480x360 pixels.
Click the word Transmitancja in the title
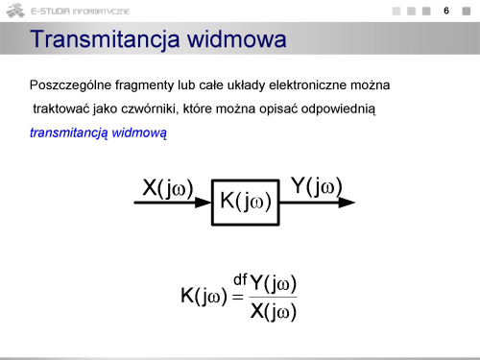(x=106, y=40)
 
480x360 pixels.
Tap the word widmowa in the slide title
(x=236, y=38)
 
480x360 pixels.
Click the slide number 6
(x=446, y=11)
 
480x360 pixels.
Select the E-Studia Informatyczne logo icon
(x=15, y=11)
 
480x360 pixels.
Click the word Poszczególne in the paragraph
(x=70, y=85)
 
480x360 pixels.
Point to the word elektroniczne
(x=307, y=85)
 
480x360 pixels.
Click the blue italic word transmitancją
(x=69, y=132)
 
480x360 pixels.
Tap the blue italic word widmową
(x=139, y=132)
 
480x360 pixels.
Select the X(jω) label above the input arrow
(x=168, y=188)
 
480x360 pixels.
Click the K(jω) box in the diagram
(x=246, y=203)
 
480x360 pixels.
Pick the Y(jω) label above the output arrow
(x=317, y=186)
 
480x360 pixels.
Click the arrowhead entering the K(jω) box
(x=203, y=203)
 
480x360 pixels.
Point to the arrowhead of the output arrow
(x=347, y=203)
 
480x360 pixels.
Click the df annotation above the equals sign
(x=240, y=279)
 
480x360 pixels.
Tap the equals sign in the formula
(x=238, y=298)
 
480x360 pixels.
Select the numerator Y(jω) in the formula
(x=273, y=283)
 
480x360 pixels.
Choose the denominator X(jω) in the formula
(x=273, y=311)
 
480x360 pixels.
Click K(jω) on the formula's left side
(x=204, y=296)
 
